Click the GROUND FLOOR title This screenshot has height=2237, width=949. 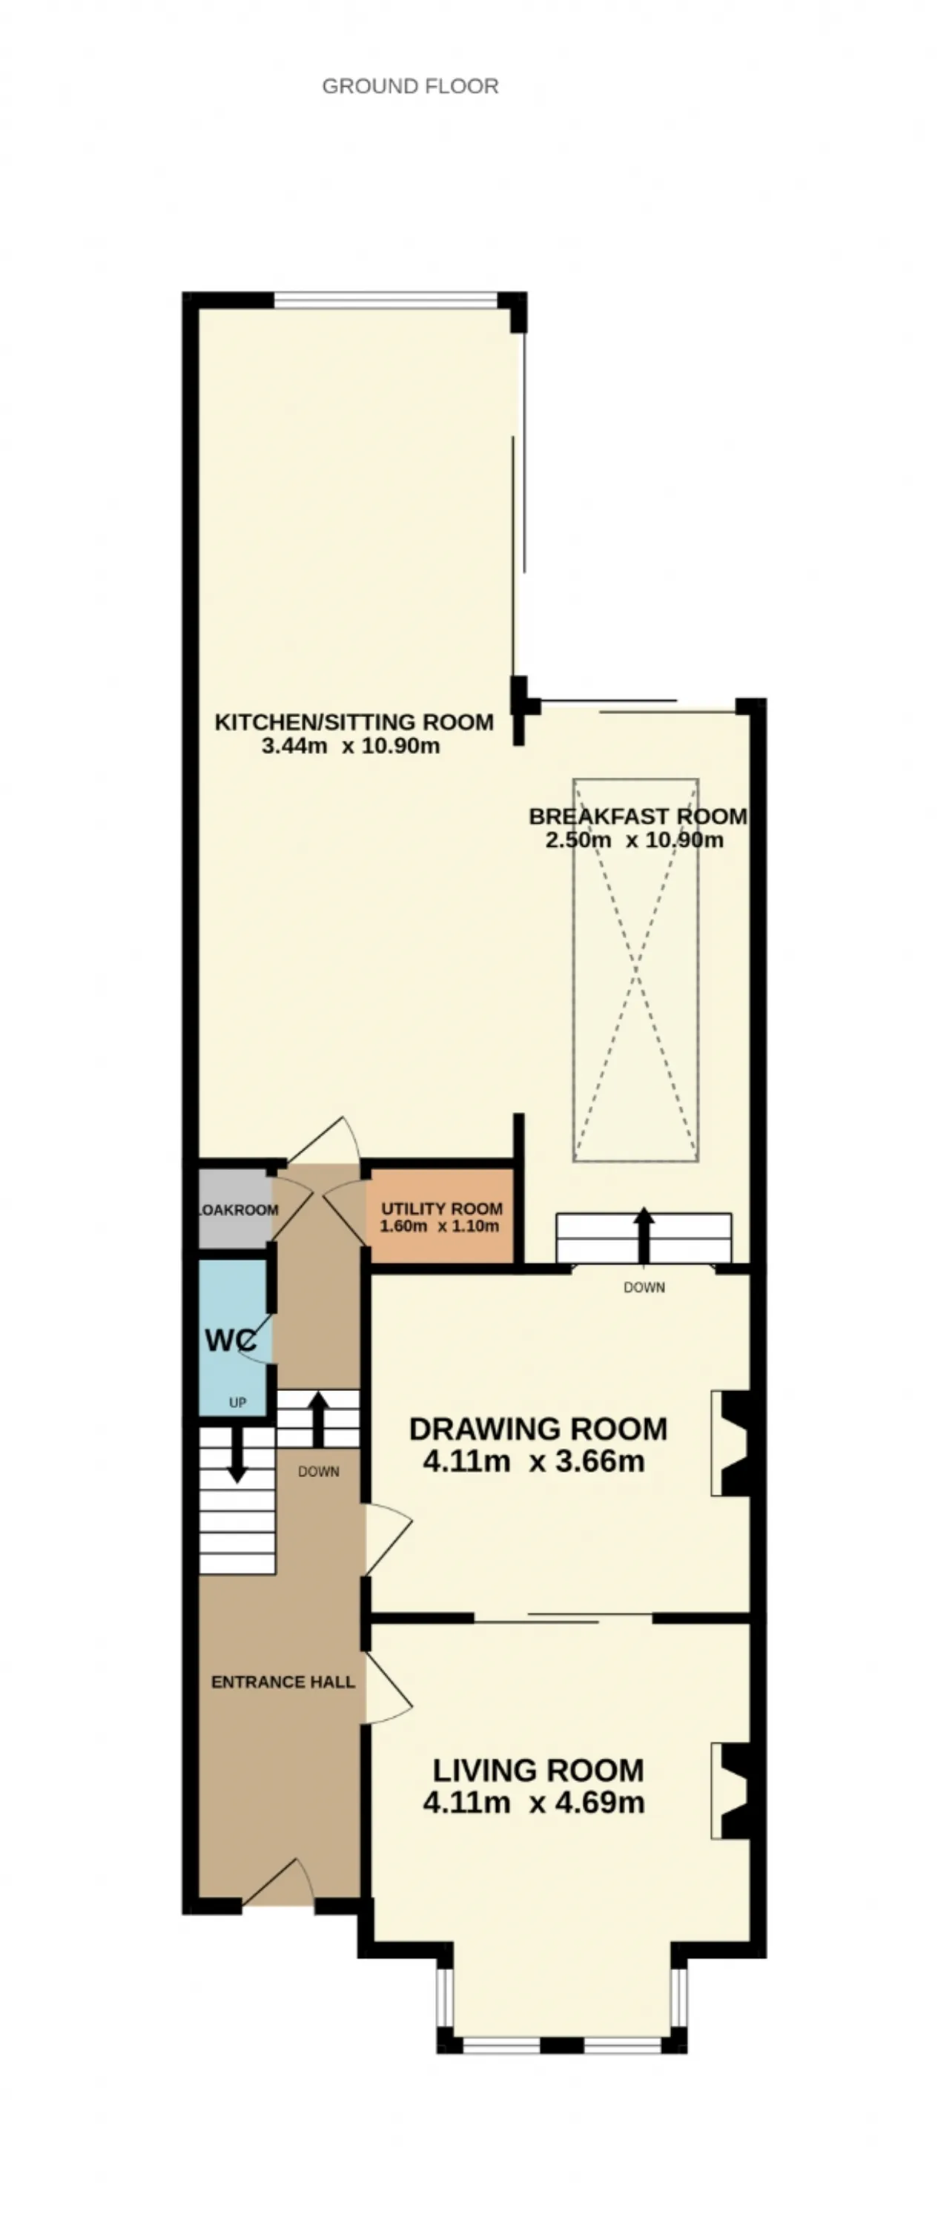click(410, 86)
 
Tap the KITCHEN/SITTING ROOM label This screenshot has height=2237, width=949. click(354, 721)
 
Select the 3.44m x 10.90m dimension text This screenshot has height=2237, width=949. click(351, 745)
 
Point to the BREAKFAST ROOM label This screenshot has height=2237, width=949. click(638, 816)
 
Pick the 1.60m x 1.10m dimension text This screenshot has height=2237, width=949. click(440, 1226)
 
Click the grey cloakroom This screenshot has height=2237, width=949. click(234, 1209)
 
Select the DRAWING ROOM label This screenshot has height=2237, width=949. click(538, 1430)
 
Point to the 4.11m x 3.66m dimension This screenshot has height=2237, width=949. click(534, 1461)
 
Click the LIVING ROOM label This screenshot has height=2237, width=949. click(538, 1771)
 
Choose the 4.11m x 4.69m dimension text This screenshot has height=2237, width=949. click(534, 1803)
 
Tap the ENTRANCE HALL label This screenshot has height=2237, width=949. click(283, 1682)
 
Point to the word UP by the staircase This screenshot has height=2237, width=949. click(237, 1402)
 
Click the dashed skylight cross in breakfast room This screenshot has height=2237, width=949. click(635, 970)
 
